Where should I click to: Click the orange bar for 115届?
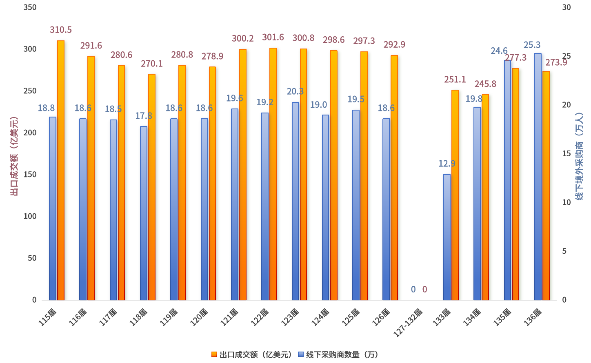coord(61,170)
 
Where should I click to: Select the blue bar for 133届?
coord(447,237)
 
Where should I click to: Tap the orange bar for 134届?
coord(485,197)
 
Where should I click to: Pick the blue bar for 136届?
coord(538,177)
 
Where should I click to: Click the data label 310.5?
coord(61,30)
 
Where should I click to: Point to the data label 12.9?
coord(447,164)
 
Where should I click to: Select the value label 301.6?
coord(273,38)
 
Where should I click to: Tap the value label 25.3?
coord(532,45)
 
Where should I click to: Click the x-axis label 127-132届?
coord(409,323)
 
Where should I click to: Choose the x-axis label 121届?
coord(229,317)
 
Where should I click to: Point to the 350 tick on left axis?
coord(30,7)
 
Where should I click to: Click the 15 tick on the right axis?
coord(567,154)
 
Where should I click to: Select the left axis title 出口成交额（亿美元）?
coord(14,156)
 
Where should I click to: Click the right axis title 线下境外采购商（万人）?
coord(579,156)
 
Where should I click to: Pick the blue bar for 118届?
coord(144,213)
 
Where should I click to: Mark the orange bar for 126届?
coord(394,178)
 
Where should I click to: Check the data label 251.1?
coord(455,80)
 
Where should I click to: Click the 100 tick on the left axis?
coord(30,217)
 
